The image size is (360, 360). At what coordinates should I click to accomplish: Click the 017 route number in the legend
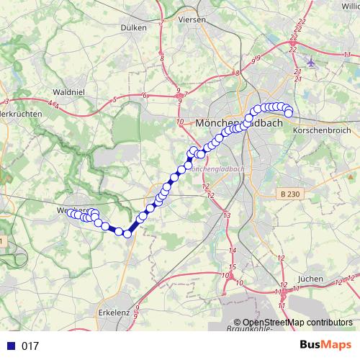click(x=30, y=346)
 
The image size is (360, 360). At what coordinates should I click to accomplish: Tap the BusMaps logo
click(x=325, y=345)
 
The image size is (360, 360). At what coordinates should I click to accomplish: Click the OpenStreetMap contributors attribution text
click(x=297, y=323)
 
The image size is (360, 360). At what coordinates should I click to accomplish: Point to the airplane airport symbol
click(x=311, y=61)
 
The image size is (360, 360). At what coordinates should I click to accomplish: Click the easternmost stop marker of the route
click(x=289, y=112)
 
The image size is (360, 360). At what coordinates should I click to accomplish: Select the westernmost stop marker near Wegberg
click(x=70, y=212)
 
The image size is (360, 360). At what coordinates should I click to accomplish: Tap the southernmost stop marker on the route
click(x=127, y=233)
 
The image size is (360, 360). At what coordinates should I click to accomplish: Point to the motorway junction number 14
click(x=232, y=250)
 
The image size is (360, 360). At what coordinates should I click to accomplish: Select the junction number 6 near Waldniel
click(x=145, y=95)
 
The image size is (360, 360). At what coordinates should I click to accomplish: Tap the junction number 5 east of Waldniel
click(x=114, y=100)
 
